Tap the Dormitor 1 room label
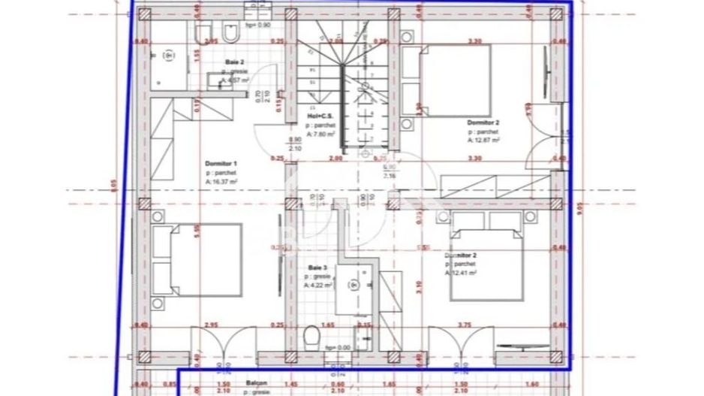pos(221,163)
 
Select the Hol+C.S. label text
pos(319,116)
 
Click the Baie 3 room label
pos(317,268)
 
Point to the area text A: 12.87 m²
pos(483,139)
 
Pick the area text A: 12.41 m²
pos(461,273)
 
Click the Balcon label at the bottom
pos(256,382)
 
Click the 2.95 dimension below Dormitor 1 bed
pos(211,325)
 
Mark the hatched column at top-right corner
pos(556,16)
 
